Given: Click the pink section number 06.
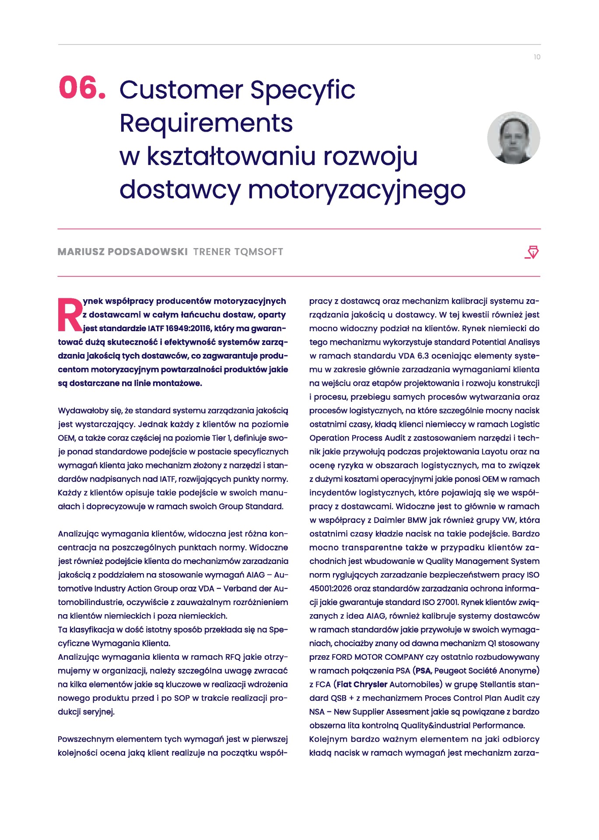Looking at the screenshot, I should coord(82,87).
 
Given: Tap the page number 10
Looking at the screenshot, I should coord(537,57).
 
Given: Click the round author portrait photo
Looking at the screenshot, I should coord(514,138).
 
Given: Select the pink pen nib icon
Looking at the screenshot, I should coord(532,252).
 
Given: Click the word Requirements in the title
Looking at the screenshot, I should coord(206,123).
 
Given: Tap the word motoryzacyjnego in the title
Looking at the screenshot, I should coord(357,189).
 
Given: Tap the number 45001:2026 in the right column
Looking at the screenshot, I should coord(332,588).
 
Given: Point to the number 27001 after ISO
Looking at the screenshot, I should coord(447,602).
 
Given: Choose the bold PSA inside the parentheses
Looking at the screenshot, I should coord(423,670).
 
